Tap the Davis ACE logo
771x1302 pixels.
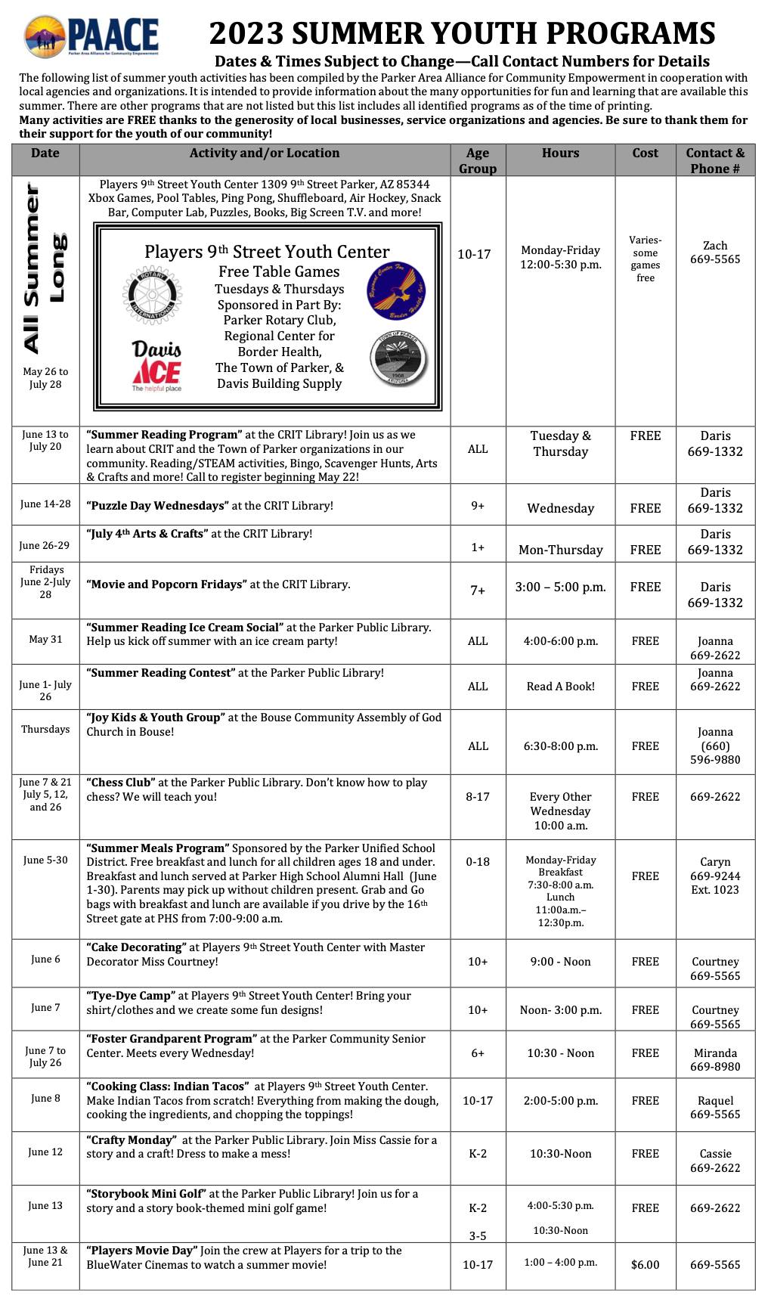point(156,366)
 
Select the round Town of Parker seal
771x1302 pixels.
point(398,361)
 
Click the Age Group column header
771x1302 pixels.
point(478,160)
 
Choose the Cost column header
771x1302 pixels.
point(645,153)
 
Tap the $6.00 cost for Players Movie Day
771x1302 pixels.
point(645,1264)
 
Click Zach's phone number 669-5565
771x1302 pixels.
point(715,259)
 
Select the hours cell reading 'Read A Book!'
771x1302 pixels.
point(560,687)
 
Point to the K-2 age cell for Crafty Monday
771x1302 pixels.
point(478,1154)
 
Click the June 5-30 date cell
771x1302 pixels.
point(45,860)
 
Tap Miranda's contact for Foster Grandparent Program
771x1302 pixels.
point(715,1059)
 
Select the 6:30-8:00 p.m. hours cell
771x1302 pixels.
point(560,746)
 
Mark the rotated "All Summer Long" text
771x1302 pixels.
point(44,268)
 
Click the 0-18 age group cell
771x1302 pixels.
point(478,861)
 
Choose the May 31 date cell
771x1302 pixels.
point(45,639)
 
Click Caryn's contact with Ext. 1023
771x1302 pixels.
point(715,876)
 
